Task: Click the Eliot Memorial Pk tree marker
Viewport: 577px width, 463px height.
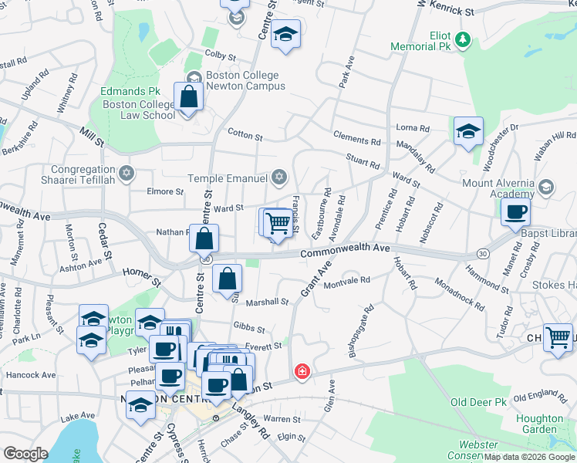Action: [x=463, y=39]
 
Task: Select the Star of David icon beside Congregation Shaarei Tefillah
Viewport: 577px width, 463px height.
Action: [x=126, y=171]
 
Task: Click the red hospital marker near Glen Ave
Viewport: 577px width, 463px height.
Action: [x=302, y=372]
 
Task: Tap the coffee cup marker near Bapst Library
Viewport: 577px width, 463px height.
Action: [x=515, y=212]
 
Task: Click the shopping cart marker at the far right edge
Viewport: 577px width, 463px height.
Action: [x=558, y=336]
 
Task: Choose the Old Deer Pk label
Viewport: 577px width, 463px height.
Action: [x=478, y=402]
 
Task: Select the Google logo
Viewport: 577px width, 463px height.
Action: [x=25, y=454]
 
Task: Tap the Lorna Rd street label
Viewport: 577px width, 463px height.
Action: [x=413, y=127]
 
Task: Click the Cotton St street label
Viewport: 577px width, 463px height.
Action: [x=245, y=135]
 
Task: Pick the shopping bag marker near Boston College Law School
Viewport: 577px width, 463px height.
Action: [x=188, y=98]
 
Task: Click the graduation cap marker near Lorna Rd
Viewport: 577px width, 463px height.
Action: [x=467, y=130]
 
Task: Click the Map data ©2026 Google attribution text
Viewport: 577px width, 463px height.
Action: [x=529, y=457]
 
